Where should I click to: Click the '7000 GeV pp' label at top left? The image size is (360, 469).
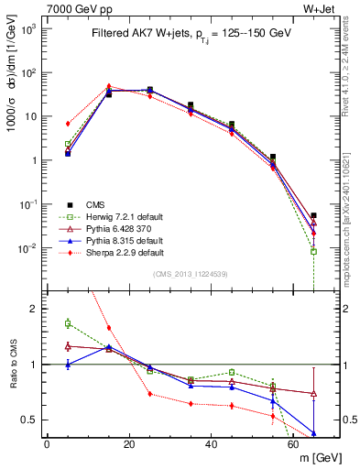pyautogui.click(x=38, y=8)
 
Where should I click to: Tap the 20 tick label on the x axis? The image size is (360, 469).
pyautogui.click(x=128, y=444)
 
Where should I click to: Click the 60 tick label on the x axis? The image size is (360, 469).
pyautogui.click(x=292, y=444)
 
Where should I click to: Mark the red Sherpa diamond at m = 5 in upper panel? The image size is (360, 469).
pyautogui.click(x=68, y=123)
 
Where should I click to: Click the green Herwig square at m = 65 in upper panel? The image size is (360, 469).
pyautogui.click(x=313, y=251)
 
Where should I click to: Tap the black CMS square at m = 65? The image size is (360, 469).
pyautogui.click(x=313, y=215)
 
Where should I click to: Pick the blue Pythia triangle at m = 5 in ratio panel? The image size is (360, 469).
pyautogui.click(x=68, y=365)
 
